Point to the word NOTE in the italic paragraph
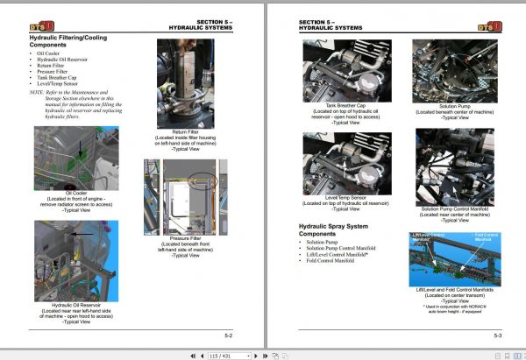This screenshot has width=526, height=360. [x=36, y=92]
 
